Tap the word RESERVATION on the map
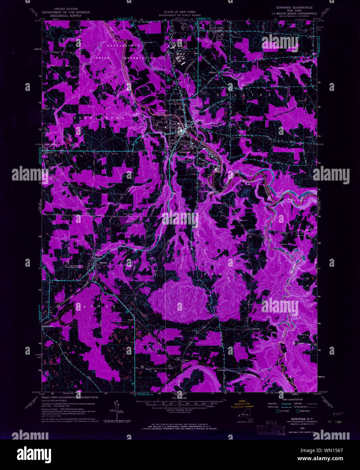(139, 58)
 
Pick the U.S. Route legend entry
(283, 411)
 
